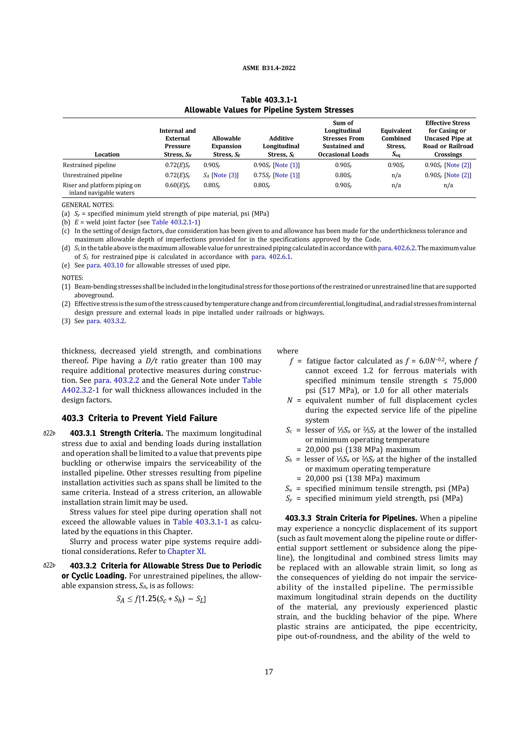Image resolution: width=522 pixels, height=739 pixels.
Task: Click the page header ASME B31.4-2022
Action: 269,68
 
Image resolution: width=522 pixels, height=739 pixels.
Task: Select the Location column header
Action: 107,155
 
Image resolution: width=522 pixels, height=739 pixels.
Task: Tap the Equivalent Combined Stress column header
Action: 396,142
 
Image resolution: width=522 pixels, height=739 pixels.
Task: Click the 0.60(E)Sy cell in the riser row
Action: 178,185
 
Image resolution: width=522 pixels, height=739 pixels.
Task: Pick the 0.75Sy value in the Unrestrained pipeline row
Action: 262,175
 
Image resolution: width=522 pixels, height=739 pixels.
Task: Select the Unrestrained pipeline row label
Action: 92,175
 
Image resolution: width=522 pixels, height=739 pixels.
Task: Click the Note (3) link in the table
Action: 225,175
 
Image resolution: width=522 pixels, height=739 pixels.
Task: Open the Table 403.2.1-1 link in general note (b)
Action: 175,222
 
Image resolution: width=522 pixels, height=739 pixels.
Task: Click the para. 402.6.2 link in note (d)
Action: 396,248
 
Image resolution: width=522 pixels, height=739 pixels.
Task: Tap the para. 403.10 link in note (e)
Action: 105,265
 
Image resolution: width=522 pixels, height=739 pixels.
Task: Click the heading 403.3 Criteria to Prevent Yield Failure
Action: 139,418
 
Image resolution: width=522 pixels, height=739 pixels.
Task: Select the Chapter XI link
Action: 186,551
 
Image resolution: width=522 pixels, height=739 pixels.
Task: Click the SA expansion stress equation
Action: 161,599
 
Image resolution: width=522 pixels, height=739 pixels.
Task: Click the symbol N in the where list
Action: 290,400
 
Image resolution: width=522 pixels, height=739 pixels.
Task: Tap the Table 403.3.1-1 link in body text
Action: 200,522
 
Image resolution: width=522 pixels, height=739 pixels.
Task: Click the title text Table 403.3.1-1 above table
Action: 269,100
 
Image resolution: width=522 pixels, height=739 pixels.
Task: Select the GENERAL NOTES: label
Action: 88,205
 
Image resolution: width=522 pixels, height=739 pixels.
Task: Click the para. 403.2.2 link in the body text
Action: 116,380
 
